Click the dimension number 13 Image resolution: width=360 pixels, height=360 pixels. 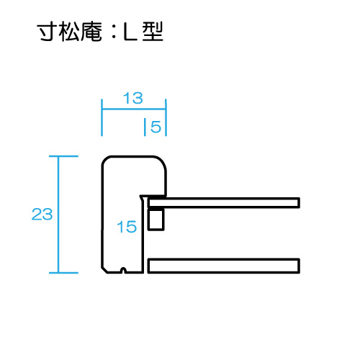tap(133, 98)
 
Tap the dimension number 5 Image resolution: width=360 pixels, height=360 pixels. tap(156, 127)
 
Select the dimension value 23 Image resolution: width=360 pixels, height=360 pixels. tap(42, 215)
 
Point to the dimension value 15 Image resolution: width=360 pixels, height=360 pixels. tap(127, 227)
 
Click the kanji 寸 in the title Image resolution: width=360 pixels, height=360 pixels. tap(47, 31)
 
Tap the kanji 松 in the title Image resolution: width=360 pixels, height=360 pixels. tap(69, 32)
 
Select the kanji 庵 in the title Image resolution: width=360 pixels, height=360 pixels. tap(91, 32)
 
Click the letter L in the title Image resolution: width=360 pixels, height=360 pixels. tap(130, 31)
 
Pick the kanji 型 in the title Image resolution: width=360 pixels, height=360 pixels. tap(153, 31)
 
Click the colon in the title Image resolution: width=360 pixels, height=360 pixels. tap(114, 32)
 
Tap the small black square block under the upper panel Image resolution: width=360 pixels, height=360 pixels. tap(156, 220)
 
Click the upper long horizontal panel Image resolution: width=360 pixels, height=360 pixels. tap(224, 203)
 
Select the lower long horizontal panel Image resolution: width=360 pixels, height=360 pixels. tap(224, 266)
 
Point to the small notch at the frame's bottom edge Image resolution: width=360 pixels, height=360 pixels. tap(123, 270)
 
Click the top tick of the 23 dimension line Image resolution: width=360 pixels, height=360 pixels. tap(63, 156)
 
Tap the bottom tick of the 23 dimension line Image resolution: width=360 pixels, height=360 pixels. tap(63, 273)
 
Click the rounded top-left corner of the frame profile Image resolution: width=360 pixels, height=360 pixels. tap(105, 160)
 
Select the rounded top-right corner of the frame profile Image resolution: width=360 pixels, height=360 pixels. tap(162, 161)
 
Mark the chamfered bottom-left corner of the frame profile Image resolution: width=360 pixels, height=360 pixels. tap(104, 270)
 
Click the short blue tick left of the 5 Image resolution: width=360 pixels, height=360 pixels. tap(145, 127)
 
